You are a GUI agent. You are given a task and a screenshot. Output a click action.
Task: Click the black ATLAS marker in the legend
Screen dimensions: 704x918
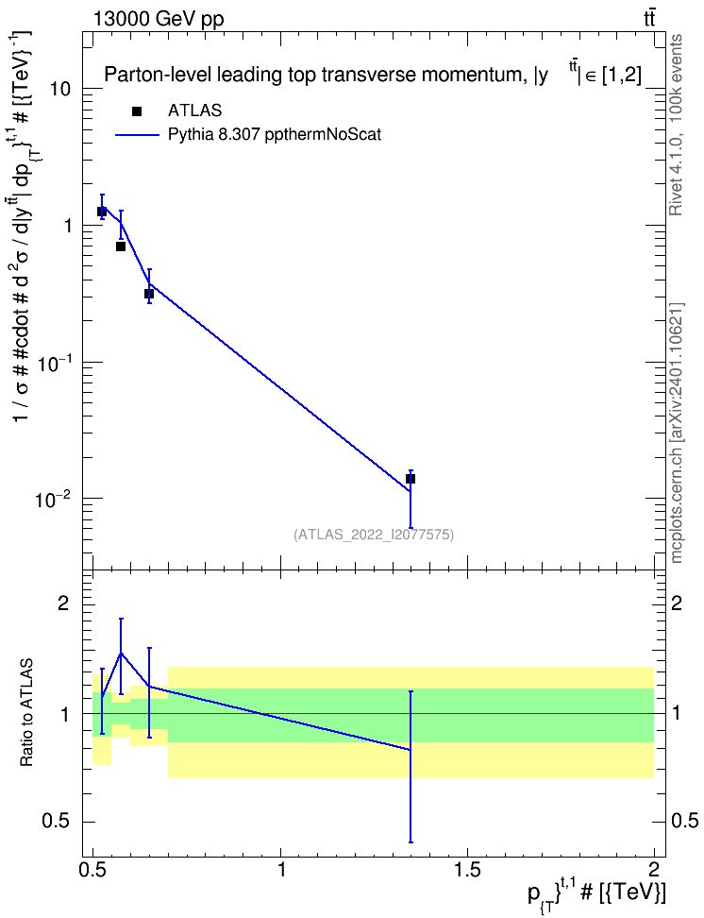coord(137,111)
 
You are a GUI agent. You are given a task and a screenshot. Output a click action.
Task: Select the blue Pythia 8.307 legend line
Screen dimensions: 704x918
coord(137,135)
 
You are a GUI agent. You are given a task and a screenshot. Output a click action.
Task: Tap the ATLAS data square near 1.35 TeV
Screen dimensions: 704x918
coord(411,479)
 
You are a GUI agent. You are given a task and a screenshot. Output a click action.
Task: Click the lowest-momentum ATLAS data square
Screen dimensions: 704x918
coord(102,212)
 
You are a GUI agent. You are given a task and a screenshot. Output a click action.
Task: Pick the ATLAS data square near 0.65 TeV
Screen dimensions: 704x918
coord(149,294)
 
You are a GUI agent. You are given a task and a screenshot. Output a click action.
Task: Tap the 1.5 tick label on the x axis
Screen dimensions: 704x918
coord(467,869)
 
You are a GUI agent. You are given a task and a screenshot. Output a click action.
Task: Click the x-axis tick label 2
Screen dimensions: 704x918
coord(654,869)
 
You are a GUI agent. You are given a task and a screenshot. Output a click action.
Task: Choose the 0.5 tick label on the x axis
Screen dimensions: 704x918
coord(93,869)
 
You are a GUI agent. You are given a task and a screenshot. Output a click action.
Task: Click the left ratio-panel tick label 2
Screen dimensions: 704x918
coord(63,603)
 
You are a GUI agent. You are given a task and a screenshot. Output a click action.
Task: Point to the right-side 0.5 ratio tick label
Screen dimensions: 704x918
coord(683,821)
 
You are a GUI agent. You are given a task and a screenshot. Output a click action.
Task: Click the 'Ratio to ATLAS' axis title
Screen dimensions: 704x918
coord(26,712)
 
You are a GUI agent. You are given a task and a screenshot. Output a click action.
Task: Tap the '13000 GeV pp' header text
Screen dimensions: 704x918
coord(158,19)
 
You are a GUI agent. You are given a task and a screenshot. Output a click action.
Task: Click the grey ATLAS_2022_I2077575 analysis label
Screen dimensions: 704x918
coord(374,534)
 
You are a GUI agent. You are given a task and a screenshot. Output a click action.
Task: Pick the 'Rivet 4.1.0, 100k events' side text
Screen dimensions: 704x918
coord(676,125)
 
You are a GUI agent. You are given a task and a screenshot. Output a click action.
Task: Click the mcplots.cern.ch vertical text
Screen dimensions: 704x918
coord(676,433)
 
